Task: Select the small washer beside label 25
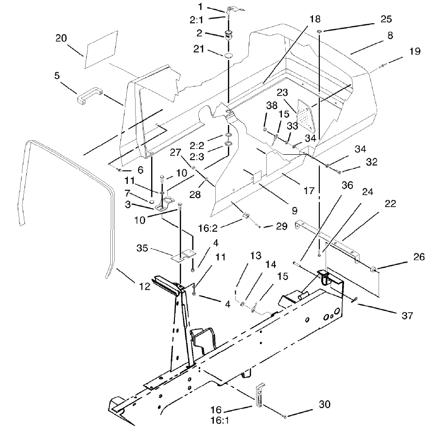[x=319, y=32]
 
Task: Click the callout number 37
[x=407, y=316]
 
